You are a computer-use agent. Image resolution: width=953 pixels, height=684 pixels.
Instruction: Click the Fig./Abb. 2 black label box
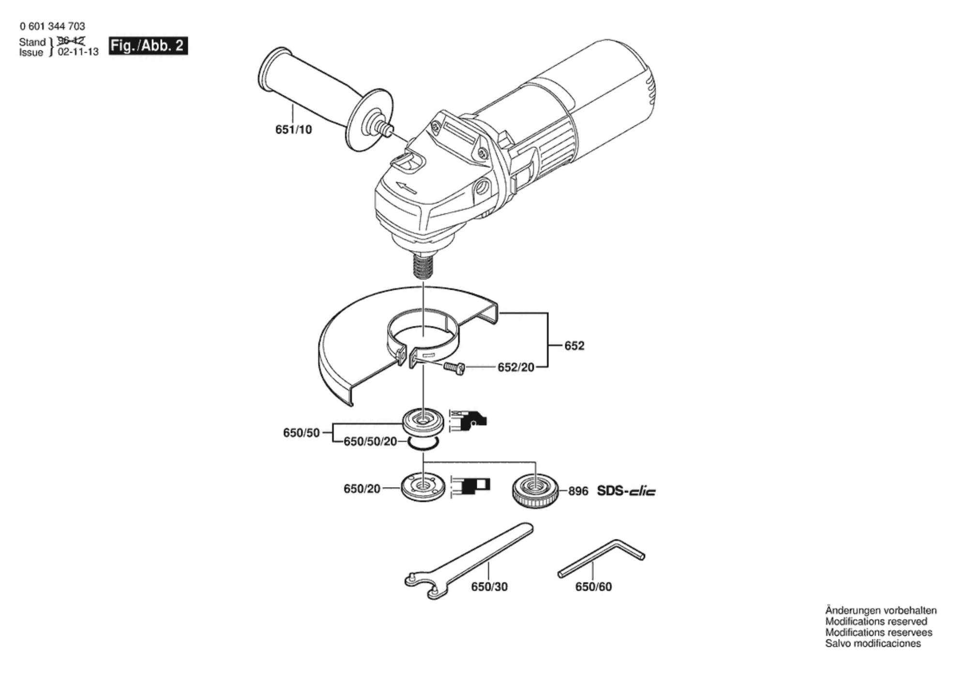(x=148, y=46)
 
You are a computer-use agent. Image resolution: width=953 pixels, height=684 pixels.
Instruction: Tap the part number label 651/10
(x=293, y=130)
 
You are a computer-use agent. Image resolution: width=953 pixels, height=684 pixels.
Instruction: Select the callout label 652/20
(x=516, y=368)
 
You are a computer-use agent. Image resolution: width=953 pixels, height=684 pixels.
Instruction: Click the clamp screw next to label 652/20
(x=454, y=369)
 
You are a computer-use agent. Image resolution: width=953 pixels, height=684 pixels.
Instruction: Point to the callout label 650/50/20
(x=370, y=442)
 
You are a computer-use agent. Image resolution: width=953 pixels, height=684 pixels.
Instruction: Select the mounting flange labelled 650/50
(x=423, y=421)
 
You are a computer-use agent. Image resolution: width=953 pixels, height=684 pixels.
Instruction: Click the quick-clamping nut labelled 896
(x=535, y=491)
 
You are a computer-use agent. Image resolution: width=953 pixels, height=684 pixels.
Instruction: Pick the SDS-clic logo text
(x=626, y=491)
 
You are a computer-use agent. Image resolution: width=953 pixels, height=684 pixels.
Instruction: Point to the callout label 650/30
(x=489, y=587)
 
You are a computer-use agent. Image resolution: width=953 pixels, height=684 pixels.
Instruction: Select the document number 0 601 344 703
(x=52, y=26)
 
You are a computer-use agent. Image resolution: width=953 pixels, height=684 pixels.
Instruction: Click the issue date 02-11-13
(x=78, y=52)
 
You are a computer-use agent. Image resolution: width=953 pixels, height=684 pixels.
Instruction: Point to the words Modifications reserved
(x=876, y=622)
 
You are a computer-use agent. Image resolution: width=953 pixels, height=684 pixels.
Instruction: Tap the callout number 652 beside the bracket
(x=575, y=346)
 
